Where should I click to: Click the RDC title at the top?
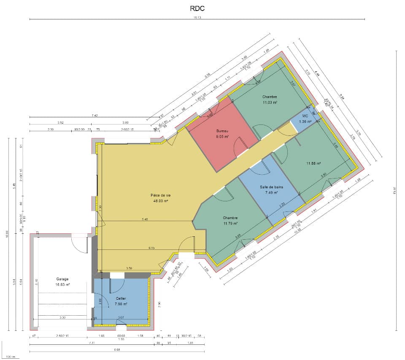point(197,8)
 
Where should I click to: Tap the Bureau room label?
point(222,131)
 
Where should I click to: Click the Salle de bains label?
point(271,187)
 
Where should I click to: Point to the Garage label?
point(62,279)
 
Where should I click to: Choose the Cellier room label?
point(121,298)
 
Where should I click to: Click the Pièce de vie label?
point(161,195)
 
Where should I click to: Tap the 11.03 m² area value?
point(270,102)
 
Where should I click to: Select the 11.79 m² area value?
point(230,223)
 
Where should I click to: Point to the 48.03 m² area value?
point(161,201)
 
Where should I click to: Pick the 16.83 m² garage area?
point(62,284)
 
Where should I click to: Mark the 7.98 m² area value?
point(121,304)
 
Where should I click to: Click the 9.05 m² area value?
point(222,137)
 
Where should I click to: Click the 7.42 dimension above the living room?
point(94,115)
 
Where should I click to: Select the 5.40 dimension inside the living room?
point(145,219)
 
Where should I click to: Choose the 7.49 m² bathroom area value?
point(271,192)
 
